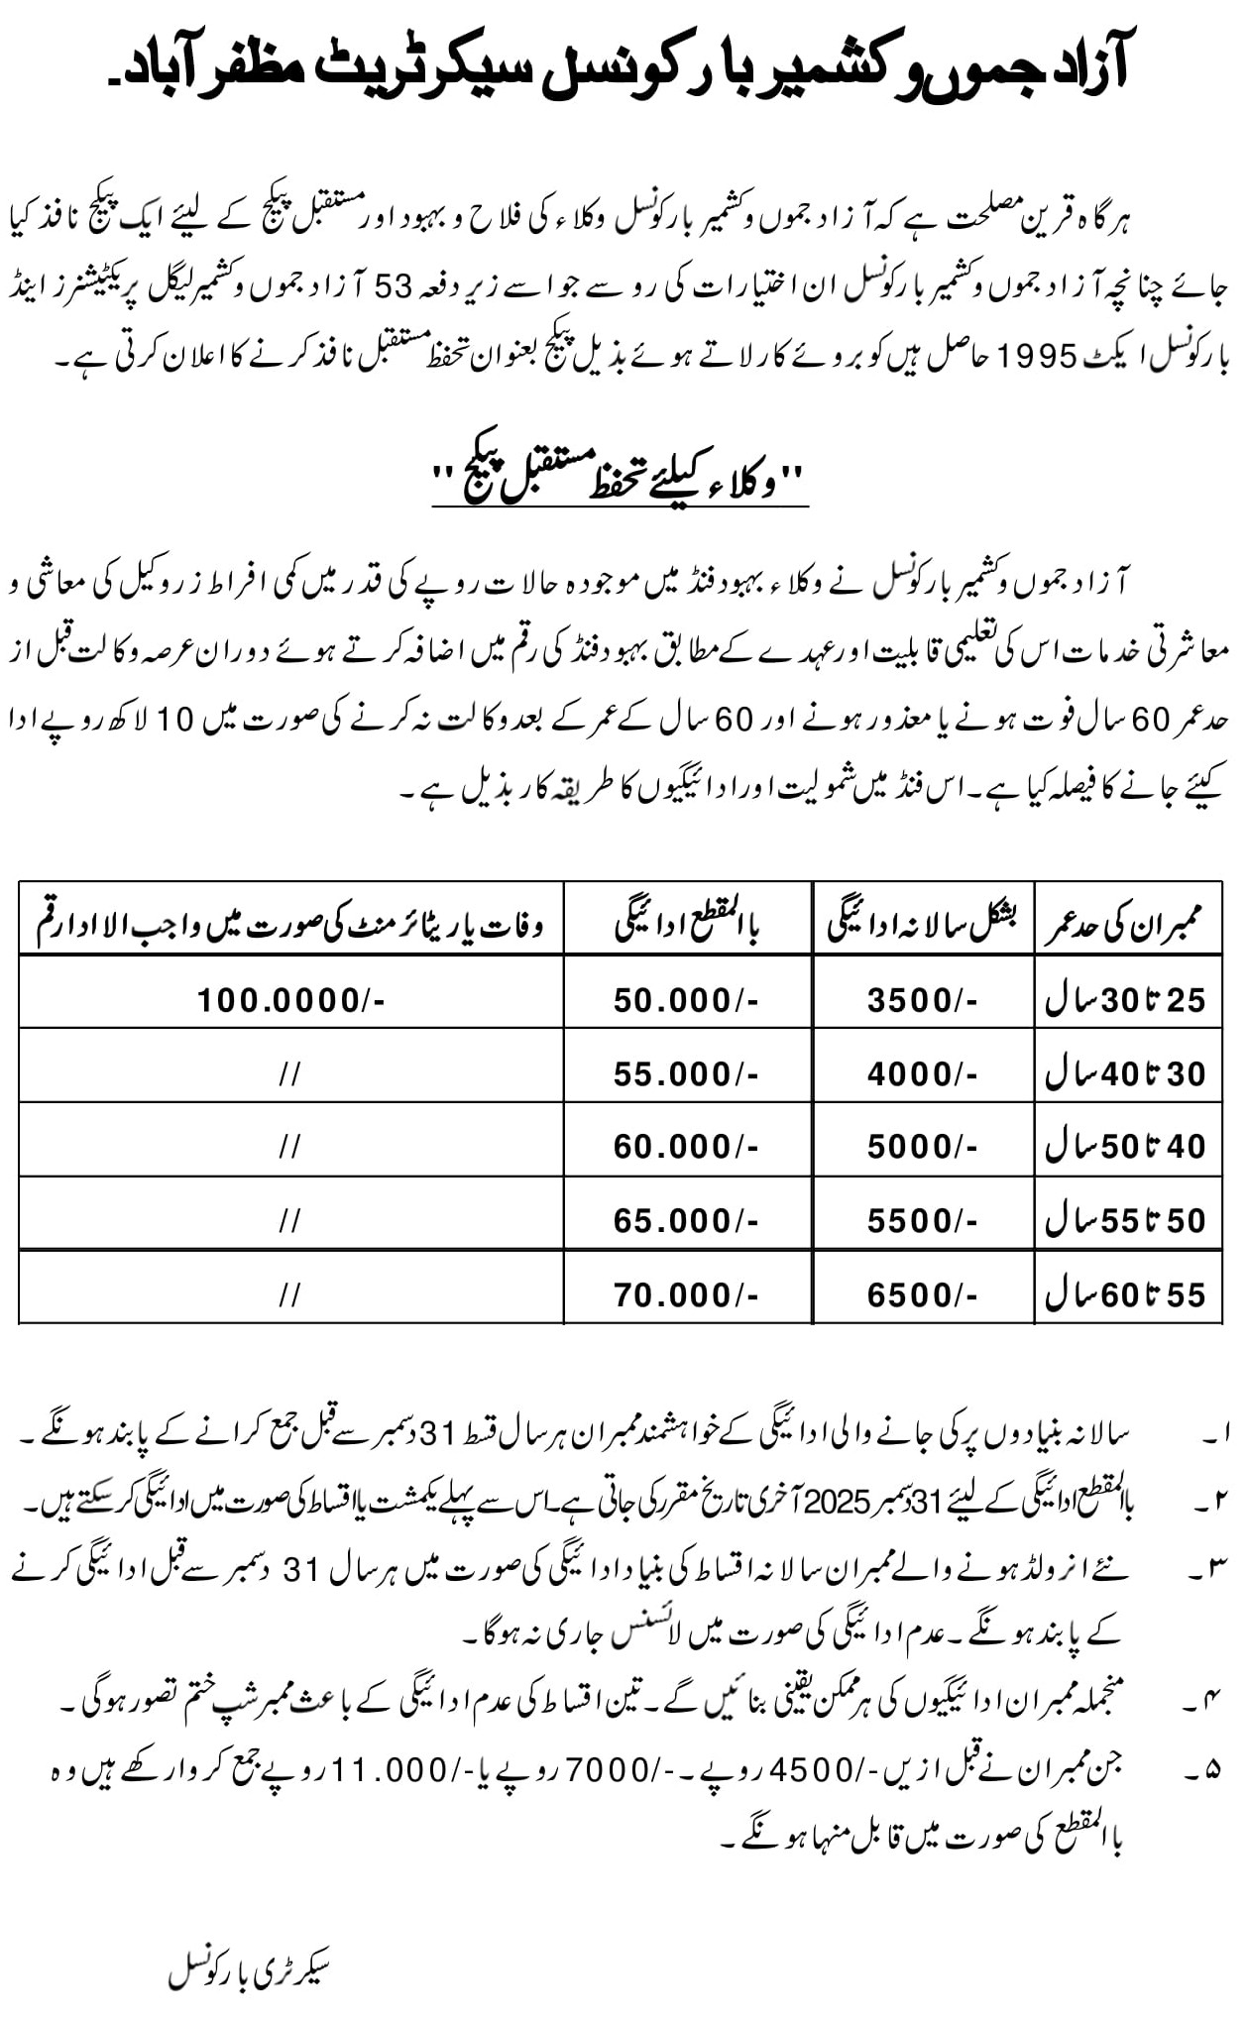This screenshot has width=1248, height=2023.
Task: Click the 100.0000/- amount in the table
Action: click(289, 999)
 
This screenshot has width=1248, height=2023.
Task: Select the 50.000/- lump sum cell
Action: click(685, 999)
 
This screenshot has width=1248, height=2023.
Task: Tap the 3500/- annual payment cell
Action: click(922, 999)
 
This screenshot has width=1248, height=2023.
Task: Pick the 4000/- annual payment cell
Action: click(922, 1073)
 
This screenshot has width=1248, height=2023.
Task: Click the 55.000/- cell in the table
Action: click(685, 1073)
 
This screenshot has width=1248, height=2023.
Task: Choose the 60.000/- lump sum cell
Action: click(685, 1147)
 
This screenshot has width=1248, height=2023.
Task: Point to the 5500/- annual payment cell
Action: click(922, 1220)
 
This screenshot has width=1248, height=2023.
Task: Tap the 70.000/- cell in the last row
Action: click(685, 1294)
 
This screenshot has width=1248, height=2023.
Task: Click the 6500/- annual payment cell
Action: click(922, 1294)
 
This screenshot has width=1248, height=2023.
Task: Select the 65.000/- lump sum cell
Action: click(685, 1220)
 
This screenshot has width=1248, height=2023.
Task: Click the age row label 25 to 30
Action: click(1126, 999)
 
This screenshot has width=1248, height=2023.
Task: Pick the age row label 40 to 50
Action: click(1126, 1147)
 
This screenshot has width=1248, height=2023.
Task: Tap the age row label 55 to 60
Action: click(1126, 1294)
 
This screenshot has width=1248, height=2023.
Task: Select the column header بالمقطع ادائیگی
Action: click(687, 925)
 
